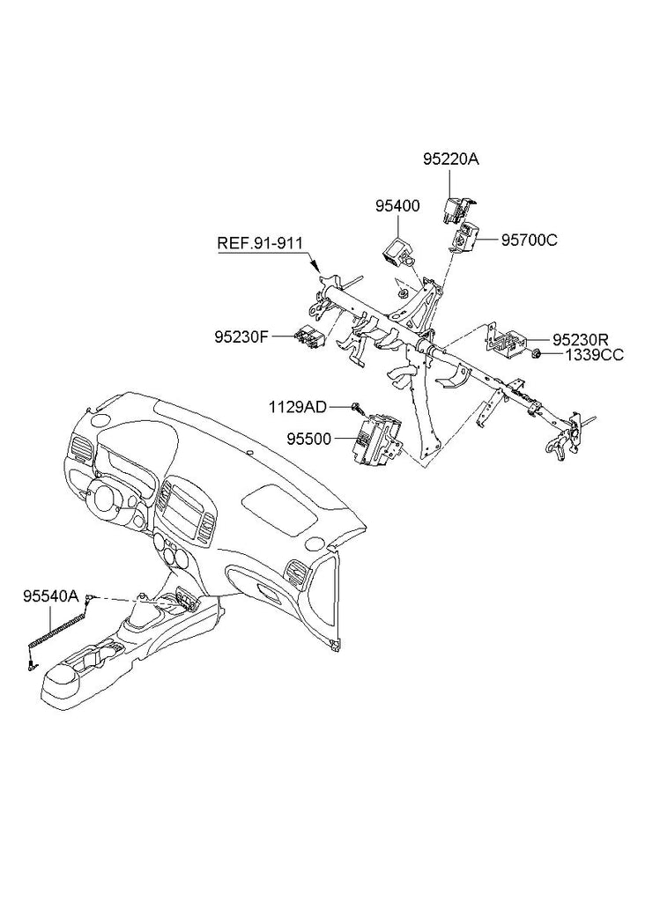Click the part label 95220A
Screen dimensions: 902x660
click(450, 159)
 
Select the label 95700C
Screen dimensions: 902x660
click(530, 239)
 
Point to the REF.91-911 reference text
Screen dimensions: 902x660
click(261, 242)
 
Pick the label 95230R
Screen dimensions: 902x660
click(582, 338)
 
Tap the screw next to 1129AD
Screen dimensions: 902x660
click(357, 406)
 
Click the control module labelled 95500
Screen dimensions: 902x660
click(377, 437)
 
